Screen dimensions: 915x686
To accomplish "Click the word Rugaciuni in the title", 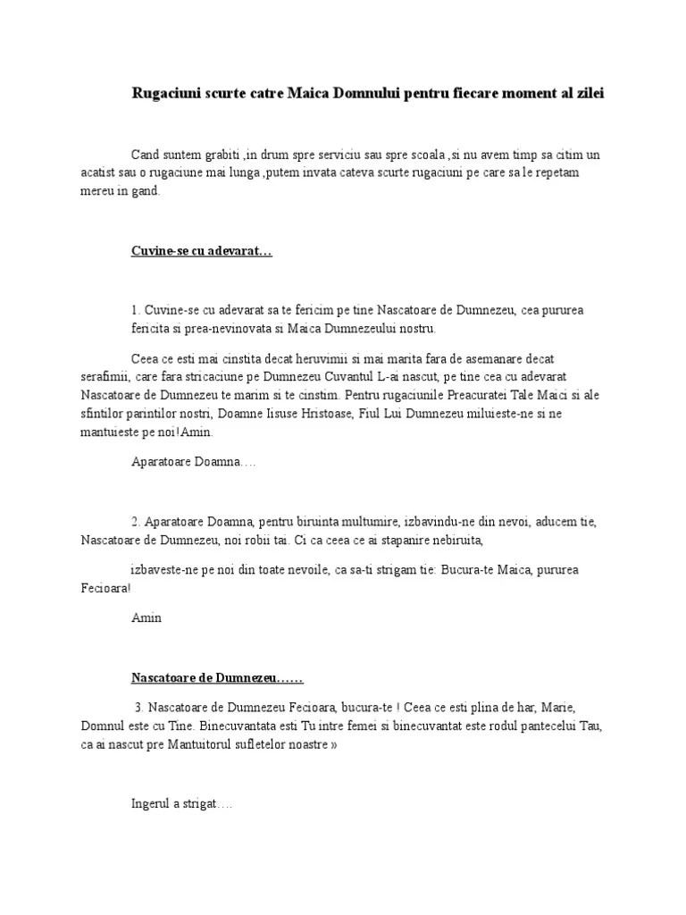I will pos(163,93).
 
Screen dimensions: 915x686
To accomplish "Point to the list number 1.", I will pos(135,310).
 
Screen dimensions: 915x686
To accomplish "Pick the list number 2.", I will pos(135,522).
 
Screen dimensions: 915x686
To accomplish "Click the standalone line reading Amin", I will pos(146,617).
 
